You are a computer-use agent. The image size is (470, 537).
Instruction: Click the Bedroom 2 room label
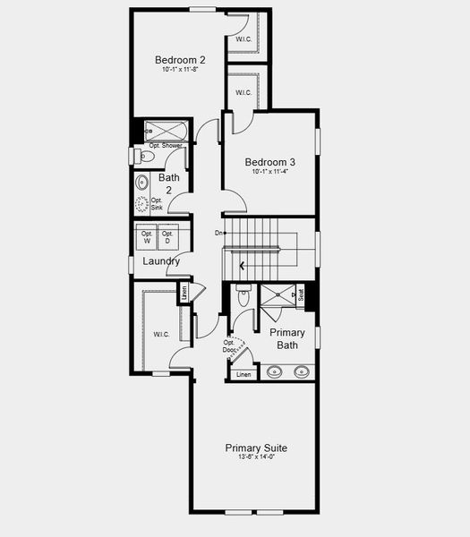180,60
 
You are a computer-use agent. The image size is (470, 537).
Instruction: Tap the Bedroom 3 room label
270,162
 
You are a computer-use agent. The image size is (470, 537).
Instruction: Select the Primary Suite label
256,447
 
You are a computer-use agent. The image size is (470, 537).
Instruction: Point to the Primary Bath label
287,338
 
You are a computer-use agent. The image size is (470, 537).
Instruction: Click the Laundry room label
160,261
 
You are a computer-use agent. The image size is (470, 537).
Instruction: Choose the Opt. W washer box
147,237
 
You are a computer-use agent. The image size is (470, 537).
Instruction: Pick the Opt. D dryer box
167,237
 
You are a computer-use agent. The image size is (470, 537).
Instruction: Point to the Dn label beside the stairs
218,233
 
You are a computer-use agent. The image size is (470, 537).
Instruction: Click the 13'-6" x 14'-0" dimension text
256,457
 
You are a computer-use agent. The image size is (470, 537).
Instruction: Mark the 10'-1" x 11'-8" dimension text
180,70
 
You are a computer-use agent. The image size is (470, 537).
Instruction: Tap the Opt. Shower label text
167,145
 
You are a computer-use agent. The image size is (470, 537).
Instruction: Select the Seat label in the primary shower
301,294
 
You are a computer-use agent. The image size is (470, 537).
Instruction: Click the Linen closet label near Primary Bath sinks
242,374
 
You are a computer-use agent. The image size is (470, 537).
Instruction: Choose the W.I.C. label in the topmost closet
244,40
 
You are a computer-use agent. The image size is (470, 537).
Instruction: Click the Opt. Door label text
229,345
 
